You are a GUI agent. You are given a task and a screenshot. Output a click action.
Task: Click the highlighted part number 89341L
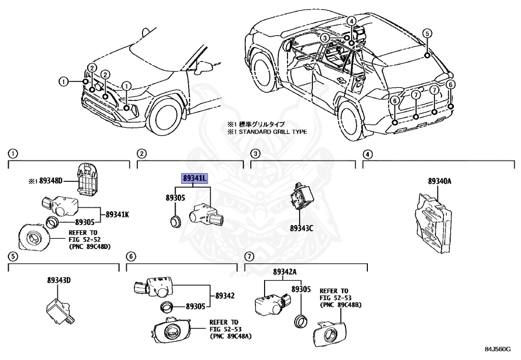[x=194, y=178]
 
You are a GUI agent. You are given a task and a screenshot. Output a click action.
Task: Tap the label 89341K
[x=118, y=214]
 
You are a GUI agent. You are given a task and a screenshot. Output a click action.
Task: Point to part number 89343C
[x=301, y=229]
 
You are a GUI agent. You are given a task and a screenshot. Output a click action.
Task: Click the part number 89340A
[x=440, y=181]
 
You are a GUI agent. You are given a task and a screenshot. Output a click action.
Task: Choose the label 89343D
[x=59, y=280]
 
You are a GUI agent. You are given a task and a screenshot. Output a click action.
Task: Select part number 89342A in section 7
[x=284, y=272]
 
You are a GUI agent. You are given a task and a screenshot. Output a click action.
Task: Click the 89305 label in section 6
[x=195, y=307]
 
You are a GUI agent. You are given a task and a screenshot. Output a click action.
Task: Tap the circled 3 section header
[x=255, y=153]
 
